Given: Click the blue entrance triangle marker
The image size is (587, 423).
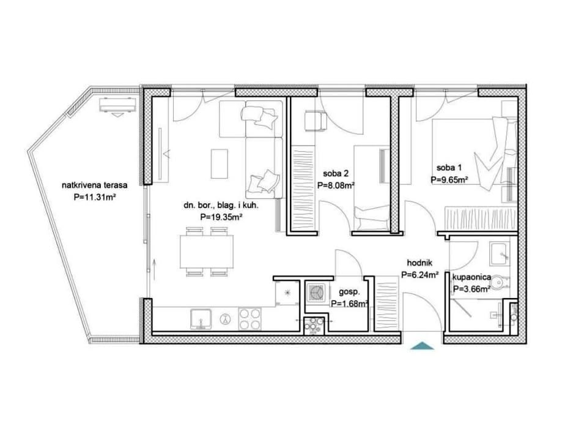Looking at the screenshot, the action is pos(422,346).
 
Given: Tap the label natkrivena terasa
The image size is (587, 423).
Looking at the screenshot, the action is pos(95,185).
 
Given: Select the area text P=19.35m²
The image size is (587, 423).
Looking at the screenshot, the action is pos(220,217).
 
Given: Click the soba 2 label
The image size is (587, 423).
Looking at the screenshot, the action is pos(336,173).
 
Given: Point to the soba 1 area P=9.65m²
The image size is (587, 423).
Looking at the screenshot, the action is pos(449,179).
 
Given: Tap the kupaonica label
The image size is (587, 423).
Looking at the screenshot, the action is pos(471,278).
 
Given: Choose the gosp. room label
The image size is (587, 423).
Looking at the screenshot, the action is pos(349,292).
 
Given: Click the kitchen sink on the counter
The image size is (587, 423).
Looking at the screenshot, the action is pos(202,319).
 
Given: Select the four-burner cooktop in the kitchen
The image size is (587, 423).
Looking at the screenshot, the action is pos(249,318).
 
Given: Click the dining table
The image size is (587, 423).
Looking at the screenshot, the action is pos(206,252).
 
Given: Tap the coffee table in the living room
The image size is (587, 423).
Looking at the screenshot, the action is pos(220,163).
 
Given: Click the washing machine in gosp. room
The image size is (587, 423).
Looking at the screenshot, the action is pos(316,291).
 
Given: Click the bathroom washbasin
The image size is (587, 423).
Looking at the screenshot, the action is pos(500,253).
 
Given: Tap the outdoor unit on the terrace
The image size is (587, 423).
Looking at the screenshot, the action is pos(117,106).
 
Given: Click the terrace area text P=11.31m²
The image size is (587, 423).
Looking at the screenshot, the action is pos(94,198).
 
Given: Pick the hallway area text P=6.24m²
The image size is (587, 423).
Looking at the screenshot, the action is pos(419,275).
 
